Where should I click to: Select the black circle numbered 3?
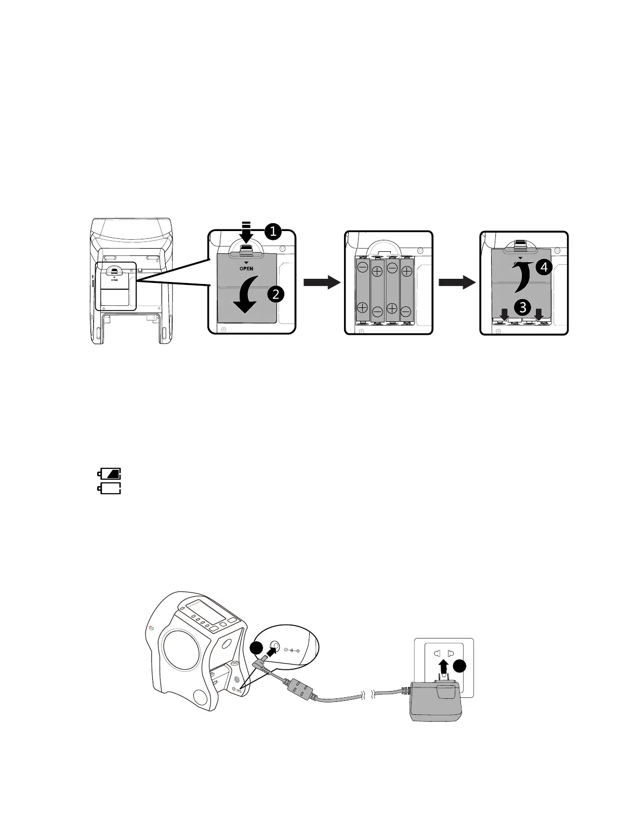(522, 307)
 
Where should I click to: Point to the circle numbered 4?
(543, 267)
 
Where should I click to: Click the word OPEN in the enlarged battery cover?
(247, 268)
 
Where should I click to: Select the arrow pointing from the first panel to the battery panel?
(321, 282)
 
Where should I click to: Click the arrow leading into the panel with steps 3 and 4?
(457, 282)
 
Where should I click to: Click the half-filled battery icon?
(110, 473)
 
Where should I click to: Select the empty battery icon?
(110, 488)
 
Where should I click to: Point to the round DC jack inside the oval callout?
(275, 647)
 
